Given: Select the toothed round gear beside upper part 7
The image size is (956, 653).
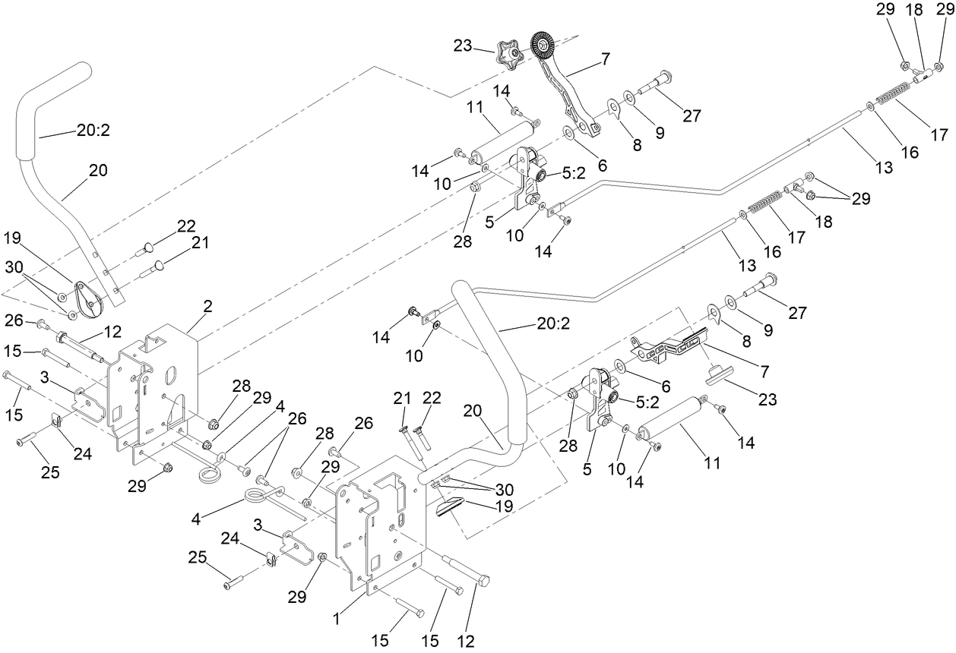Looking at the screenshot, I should click(x=543, y=47).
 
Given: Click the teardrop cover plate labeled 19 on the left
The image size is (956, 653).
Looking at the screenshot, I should click(x=90, y=298).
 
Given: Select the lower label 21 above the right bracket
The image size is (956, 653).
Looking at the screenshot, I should click(x=403, y=399).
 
